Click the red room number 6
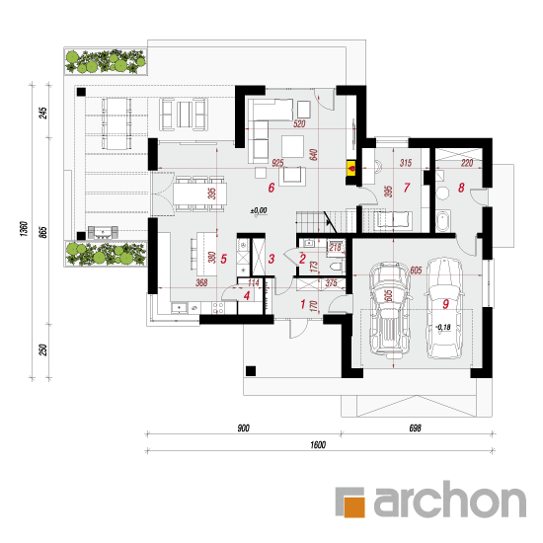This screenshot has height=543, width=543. pyautogui.click(x=271, y=188)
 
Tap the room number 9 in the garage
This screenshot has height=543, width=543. pyautogui.click(x=445, y=304)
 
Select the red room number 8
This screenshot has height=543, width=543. pyautogui.click(x=461, y=188)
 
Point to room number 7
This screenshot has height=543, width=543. pyautogui.click(x=407, y=188)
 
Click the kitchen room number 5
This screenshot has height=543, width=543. pyautogui.click(x=224, y=259)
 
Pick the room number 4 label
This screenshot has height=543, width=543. pyautogui.click(x=247, y=296)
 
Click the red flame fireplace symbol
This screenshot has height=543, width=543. pyautogui.click(x=351, y=170)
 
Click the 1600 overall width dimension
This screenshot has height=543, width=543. pyautogui.click(x=318, y=444)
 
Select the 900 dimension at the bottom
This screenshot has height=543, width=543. pyautogui.click(x=243, y=428)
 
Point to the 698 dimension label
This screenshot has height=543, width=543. pyautogui.click(x=416, y=428)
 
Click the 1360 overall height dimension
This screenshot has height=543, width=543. pyautogui.click(x=24, y=229)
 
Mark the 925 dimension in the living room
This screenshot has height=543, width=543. pyautogui.click(x=277, y=163)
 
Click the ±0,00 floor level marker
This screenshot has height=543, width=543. pyautogui.click(x=259, y=210)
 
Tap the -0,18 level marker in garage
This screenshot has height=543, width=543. pyautogui.click(x=443, y=327)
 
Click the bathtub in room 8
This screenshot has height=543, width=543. pyautogui.click(x=442, y=220)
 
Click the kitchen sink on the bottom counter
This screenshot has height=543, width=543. pyautogui.click(x=179, y=307)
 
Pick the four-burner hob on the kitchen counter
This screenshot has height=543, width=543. pyautogui.click(x=218, y=307)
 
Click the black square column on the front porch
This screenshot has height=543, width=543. pyautogui.click(x=251, y=371)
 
